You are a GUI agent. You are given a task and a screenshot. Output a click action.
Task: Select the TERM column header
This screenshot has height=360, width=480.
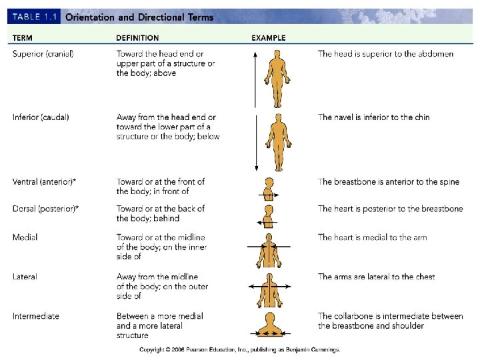[23, 38]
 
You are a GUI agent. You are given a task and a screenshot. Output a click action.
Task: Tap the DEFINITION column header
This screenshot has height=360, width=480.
[137, 38]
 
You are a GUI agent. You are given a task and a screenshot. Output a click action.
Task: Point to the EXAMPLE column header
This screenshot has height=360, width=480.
[269, 38]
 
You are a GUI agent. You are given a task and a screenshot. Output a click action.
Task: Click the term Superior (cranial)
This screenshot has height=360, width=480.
[43, 53]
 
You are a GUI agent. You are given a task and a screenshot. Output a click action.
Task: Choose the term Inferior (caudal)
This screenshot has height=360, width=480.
[41, 117]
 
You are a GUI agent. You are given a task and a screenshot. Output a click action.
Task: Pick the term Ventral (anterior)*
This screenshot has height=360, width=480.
[45, 181]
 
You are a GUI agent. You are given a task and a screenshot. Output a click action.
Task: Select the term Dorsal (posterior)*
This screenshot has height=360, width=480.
[45, 209]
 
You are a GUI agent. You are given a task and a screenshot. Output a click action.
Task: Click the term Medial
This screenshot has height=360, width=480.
[25, 237]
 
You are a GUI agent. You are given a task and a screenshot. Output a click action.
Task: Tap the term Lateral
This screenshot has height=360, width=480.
[25, 277]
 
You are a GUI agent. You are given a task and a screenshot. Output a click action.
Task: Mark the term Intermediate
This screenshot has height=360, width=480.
[35, 316]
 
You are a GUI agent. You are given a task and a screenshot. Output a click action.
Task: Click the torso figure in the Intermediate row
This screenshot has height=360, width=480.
[271, 325]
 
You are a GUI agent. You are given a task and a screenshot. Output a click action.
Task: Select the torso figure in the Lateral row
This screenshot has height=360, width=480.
[271, 287]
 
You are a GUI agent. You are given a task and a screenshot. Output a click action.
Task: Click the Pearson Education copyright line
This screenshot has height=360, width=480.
[239, 349]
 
